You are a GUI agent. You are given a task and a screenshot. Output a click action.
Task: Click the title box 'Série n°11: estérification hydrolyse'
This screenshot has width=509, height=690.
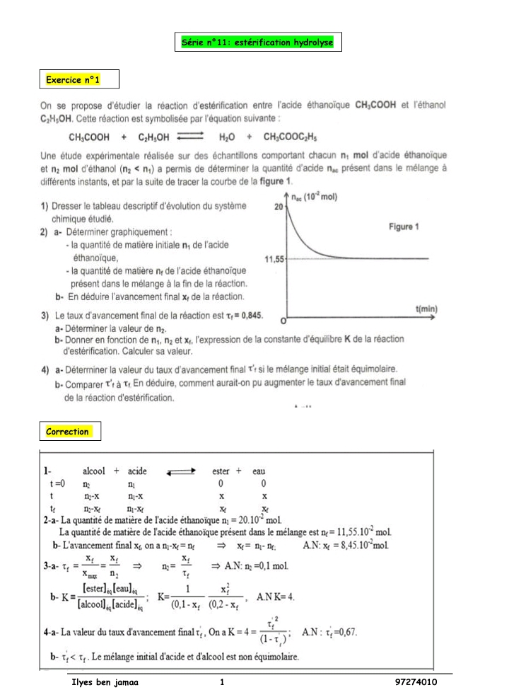(x=258, y=42)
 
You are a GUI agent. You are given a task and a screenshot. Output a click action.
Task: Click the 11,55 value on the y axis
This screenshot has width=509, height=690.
(x=274, y=260)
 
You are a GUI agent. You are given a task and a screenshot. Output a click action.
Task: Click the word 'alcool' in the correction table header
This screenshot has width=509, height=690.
(x=94, y=471)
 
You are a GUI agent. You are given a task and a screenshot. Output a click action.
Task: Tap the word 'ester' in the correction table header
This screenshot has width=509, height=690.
(x=221, y=471)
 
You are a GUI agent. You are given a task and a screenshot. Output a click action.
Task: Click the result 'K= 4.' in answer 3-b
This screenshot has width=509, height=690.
(x=280, y=597)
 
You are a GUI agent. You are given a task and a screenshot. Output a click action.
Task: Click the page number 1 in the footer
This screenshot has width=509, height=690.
(x=222, y=682)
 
